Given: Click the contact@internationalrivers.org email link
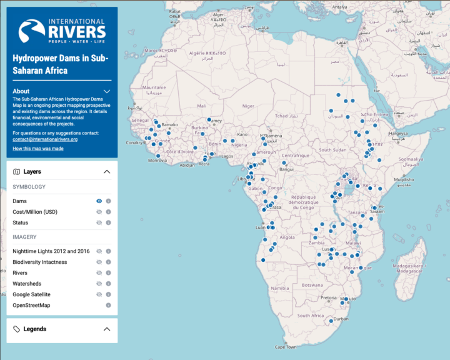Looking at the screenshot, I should [x=45, y=139].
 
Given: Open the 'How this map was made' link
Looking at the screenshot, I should [x=37, y=148].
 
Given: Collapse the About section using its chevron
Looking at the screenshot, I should [x=107, y=91].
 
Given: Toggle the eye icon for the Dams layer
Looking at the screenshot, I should [x=99, y=201].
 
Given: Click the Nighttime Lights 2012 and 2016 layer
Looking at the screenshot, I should [x=51, y=251].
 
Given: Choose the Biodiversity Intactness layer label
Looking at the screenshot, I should [x=40, y=262].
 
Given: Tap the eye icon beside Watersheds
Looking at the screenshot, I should [x=99, y=284].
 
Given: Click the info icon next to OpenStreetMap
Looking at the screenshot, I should [x=108, y=305].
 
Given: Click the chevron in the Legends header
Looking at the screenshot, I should [x=107, y=329].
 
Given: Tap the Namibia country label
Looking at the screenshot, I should [x=280, y=288].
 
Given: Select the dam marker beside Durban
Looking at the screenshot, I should [x=331, y=321].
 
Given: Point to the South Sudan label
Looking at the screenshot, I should [x=332, y=150].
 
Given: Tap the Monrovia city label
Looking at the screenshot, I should [x=157, y=161].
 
